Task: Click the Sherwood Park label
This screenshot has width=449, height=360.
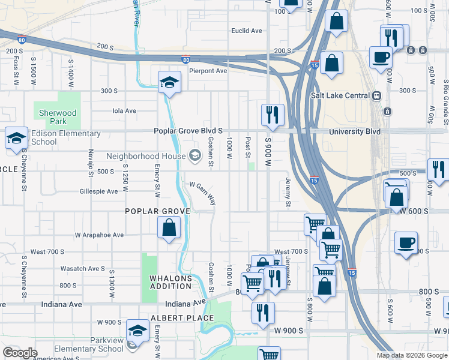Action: click(58, 116)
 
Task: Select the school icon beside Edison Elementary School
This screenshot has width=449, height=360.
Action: click(16, 138)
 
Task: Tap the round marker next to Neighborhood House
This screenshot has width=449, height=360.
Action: click(194, 156)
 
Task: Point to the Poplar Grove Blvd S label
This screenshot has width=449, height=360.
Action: click(188, 131)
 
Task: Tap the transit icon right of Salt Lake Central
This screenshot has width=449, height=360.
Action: click(377, 95)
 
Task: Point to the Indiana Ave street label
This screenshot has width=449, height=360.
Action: click(61, 304)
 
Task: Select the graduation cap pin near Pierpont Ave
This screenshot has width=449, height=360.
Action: click(169, 82)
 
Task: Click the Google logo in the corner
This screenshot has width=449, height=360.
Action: click(20, 353)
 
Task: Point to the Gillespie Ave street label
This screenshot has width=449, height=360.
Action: click(98, 191)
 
